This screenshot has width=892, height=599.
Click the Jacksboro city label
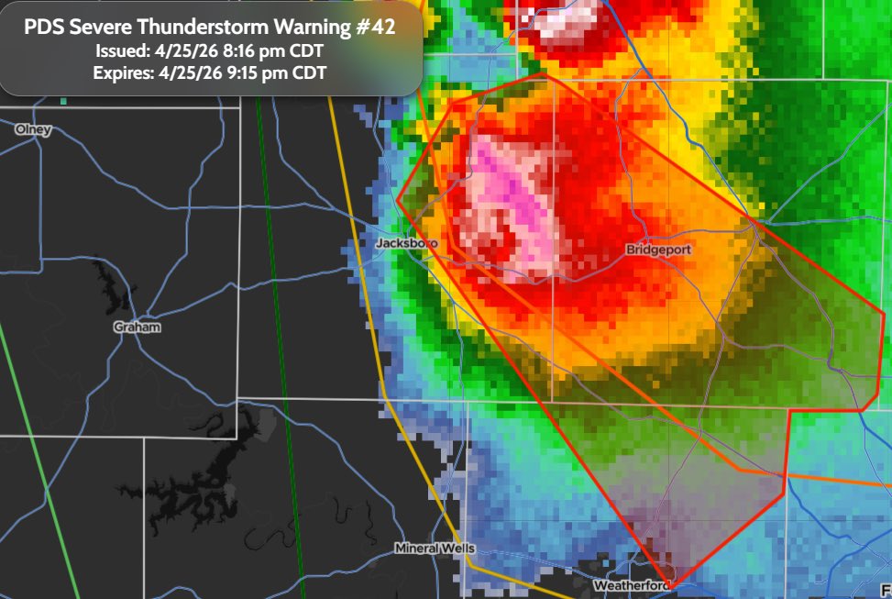[406, 243]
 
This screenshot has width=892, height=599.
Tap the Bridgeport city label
[658, 250]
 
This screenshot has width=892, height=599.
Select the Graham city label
[138, 327]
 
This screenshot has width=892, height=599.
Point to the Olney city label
[34, 129]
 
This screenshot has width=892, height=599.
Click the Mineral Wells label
[435, 549]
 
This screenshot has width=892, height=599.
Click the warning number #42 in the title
[376, 28]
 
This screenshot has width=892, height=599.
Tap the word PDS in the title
[44, 28]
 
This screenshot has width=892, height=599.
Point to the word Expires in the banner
[124, 73]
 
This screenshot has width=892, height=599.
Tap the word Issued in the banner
[123, 50]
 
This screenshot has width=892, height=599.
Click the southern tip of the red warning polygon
[670, 585]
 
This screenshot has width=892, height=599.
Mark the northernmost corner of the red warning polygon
[544, 74]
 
